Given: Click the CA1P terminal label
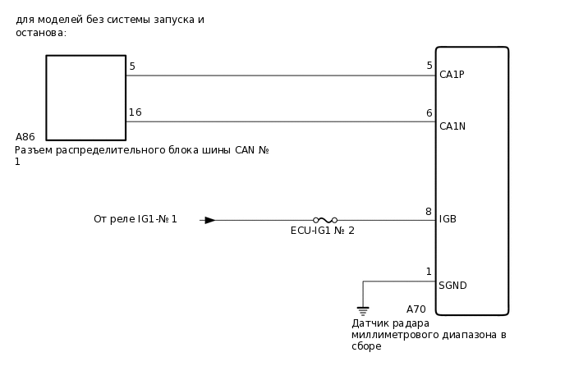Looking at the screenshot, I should click(x=452, y=75).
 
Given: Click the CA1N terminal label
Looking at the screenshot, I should click(x=452, y=126).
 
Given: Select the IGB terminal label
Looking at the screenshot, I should click(x=448, y=219).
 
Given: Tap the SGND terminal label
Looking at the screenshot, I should click(x=452, y=286).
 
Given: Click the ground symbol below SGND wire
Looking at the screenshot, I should click(x=363, y=311).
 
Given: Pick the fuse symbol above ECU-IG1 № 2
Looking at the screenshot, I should click(x=325, y=220).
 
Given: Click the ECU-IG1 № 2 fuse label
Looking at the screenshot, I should click(x=322, y=231).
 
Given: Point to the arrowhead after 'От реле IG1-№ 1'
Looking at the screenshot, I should click(x=209, y=220).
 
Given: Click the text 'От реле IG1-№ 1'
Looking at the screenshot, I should click(x=135, y=219).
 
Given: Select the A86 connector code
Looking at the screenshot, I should click(x=25, y=137).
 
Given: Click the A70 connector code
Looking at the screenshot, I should click(x=416, y=309).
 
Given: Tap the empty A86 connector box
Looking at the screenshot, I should click(x=85, y=98).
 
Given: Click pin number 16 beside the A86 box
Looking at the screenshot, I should click(x=135, y=112).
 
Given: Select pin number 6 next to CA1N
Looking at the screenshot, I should click(x=429, y=113).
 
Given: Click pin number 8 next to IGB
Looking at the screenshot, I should click(x=429, y=212).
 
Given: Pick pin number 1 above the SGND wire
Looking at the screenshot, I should click(x=429, y=272).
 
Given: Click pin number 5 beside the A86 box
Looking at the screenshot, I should click(x=132, y=66).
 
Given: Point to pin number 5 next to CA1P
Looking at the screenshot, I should click(x=429, y=66).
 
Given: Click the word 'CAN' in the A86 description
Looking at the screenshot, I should click(x=245, y=150).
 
